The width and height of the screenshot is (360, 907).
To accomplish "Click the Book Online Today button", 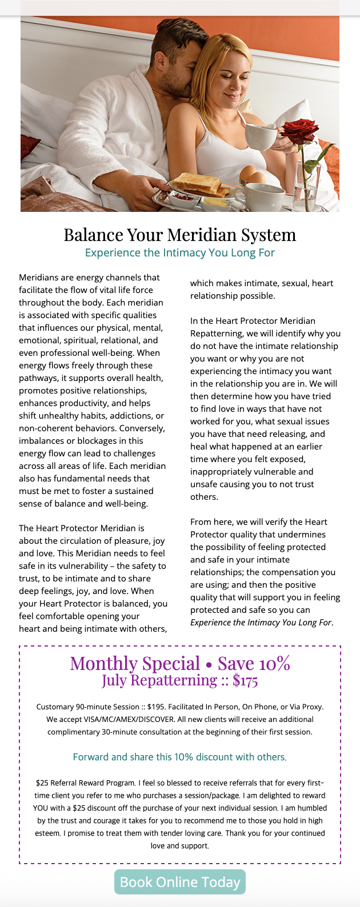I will coord(180,882).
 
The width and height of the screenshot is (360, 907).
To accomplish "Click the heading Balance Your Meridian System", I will coord(180,235).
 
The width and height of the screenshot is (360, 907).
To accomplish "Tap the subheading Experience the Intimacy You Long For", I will coord(180,252).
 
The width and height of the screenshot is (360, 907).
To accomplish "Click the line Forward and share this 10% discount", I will coord(180,757).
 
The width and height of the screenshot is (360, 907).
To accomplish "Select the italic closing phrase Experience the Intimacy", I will coord(261,622).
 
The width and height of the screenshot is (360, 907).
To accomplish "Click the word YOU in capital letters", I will coord(41,808).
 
